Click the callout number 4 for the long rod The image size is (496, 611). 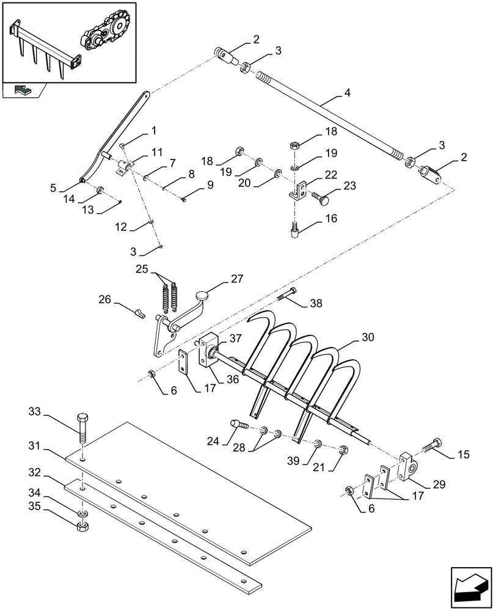347,94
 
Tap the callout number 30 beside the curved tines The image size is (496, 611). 368,337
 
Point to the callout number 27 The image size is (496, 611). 236,279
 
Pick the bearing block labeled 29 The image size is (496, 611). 409,467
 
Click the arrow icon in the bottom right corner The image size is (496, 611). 470,581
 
